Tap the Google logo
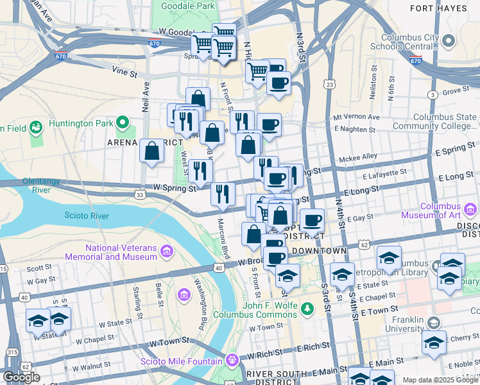21,377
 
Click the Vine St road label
124,74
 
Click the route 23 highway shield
329,85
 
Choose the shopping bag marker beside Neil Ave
152,152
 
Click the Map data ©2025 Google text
440,380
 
